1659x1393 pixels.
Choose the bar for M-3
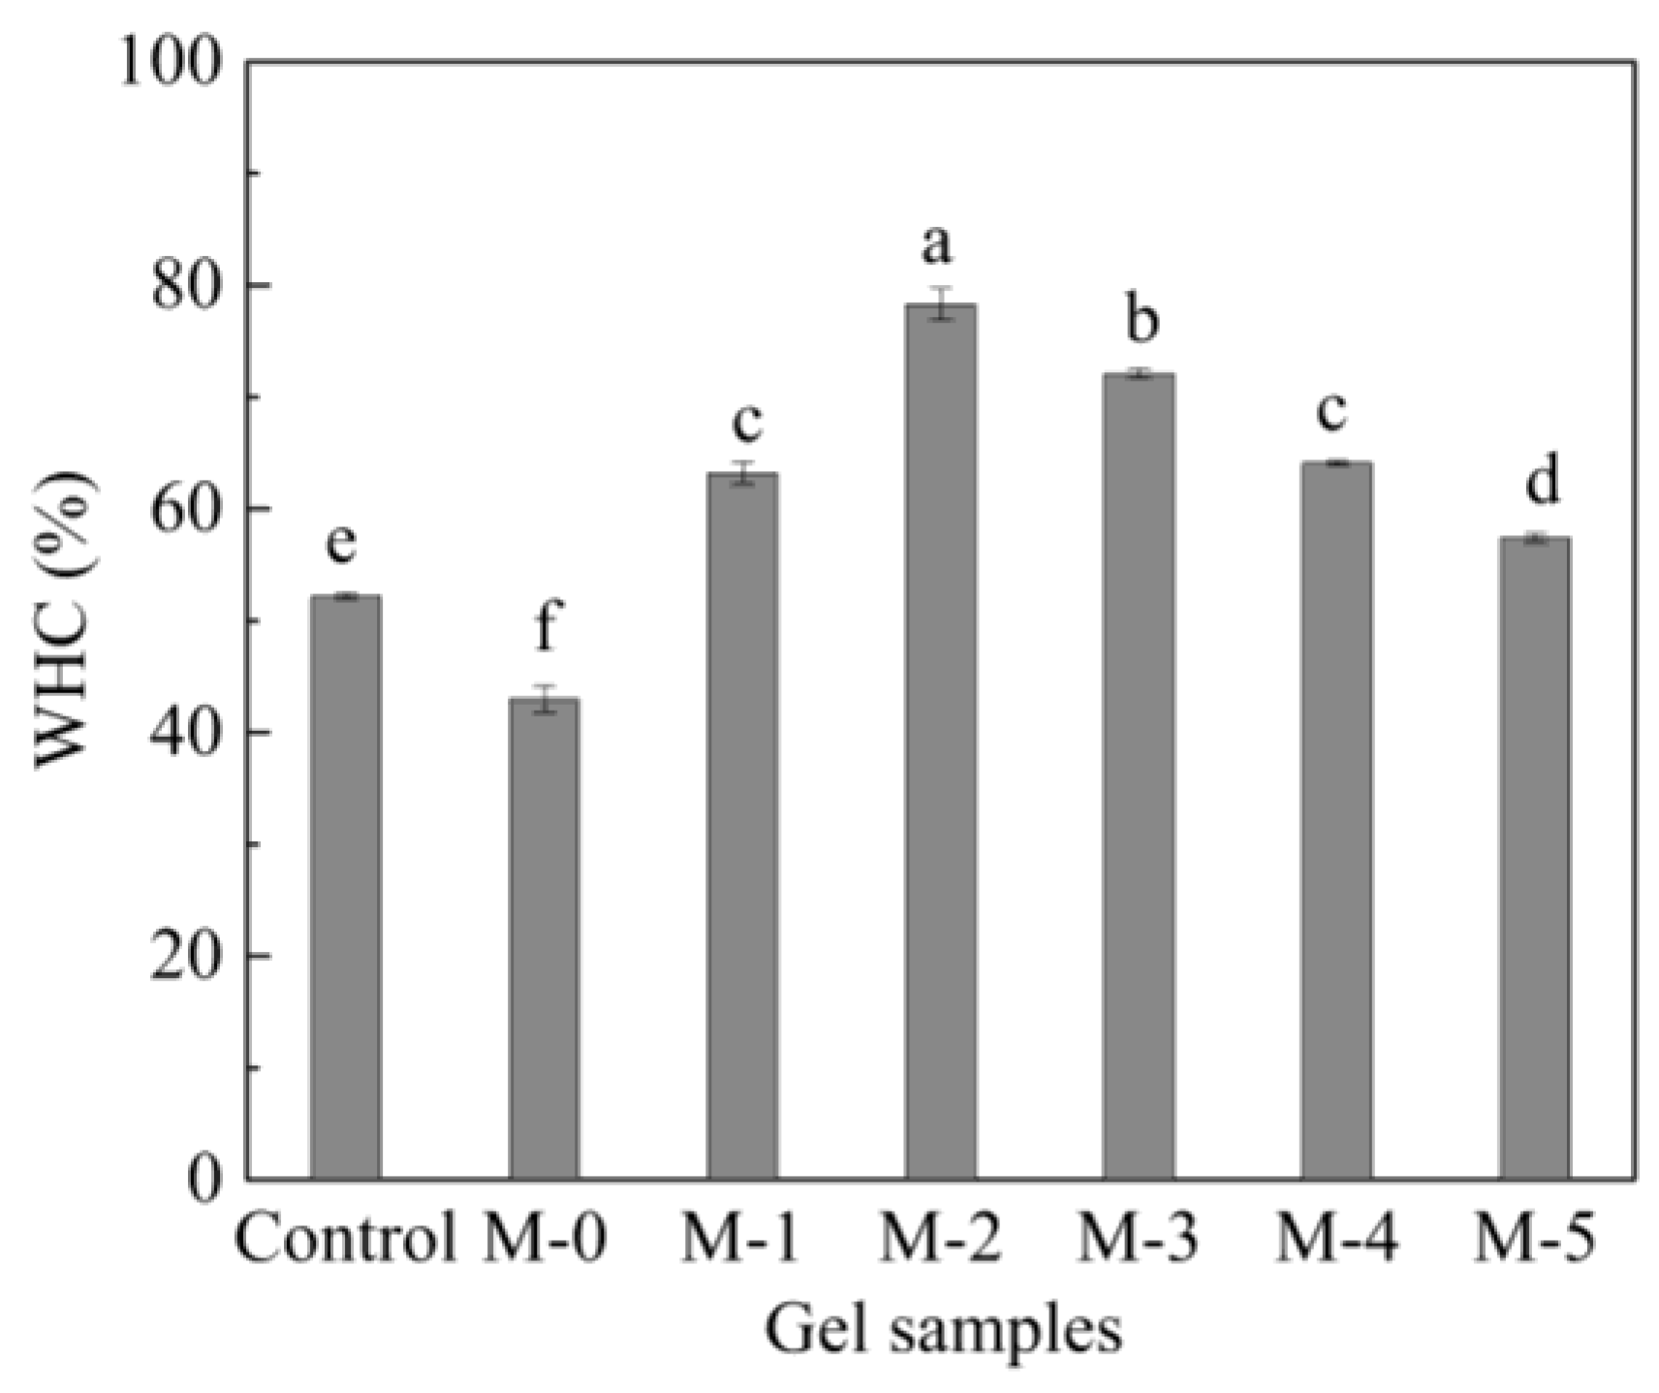point(1139,776)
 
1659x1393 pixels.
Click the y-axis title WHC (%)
point(66,620)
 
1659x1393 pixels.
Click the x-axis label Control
point(345,1240)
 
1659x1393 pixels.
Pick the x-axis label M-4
point(1336,1240)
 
